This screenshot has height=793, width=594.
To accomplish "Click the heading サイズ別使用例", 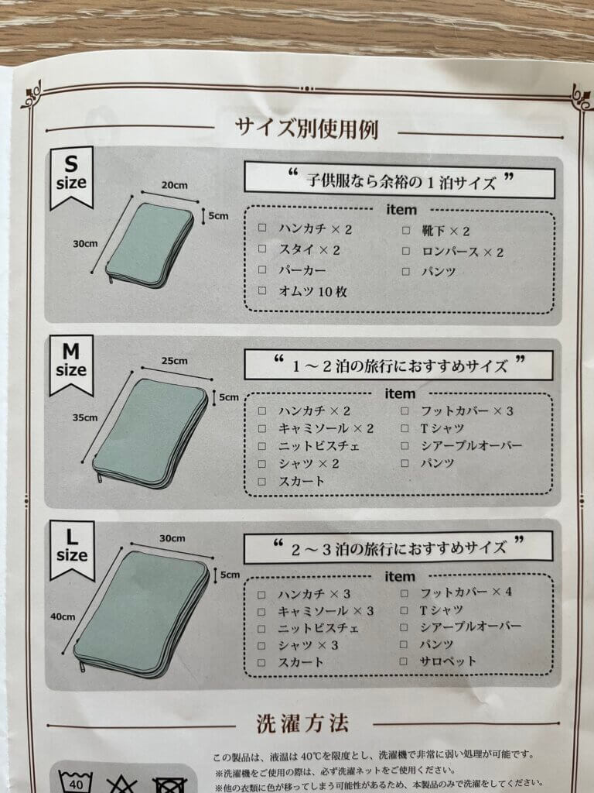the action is [306, 129].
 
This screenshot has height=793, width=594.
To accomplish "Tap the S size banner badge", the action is [71, 177].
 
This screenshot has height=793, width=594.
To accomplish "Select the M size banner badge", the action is [71, 364].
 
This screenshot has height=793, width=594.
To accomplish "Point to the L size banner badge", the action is [72, 550].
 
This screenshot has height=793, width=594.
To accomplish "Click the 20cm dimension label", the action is [174, 185].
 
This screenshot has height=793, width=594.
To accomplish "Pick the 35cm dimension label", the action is [85, 417].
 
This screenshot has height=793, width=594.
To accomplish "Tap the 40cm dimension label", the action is [63, 616].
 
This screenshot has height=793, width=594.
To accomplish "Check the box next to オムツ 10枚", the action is [262, 290].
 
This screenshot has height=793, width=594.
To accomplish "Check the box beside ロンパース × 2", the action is [406, 251].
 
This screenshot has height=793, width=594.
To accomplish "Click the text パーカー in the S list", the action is [302, 270].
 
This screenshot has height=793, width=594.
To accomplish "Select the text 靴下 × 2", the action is [446, 231].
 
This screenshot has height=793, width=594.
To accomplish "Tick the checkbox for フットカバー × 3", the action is [405, 410].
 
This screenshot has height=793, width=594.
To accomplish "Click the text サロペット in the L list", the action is [448, 661].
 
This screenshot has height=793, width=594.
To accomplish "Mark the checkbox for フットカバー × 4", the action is [404, 592].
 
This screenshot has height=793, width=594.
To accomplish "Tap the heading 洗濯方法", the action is [302, 724].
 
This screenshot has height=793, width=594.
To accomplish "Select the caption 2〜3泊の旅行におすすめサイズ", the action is [399, 548].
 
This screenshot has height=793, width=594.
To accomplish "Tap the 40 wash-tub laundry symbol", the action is [76, 781].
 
